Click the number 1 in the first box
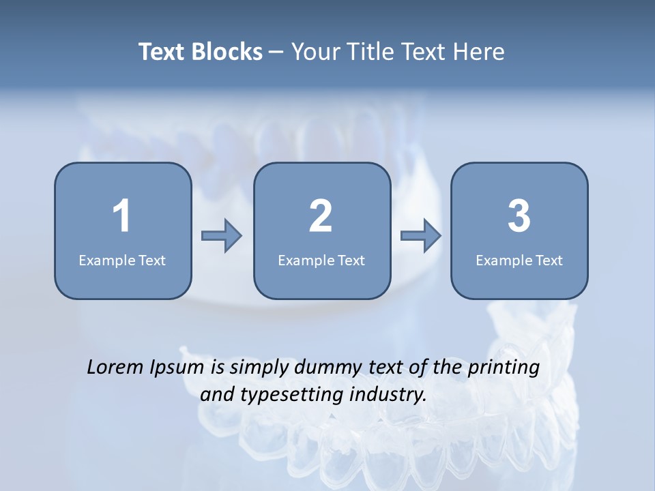[121, 216]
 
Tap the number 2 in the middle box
[321, 216]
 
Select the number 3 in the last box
[519, 216]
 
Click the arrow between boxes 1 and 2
[222, 236]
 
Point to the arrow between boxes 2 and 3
[421, 236]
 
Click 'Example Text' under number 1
[122, 260]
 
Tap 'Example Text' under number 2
[321, 260]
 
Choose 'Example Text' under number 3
[519, 260]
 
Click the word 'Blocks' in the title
[228, 52]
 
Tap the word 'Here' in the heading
[479, 52]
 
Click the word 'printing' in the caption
[504, 368]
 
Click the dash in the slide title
[276, 52]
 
